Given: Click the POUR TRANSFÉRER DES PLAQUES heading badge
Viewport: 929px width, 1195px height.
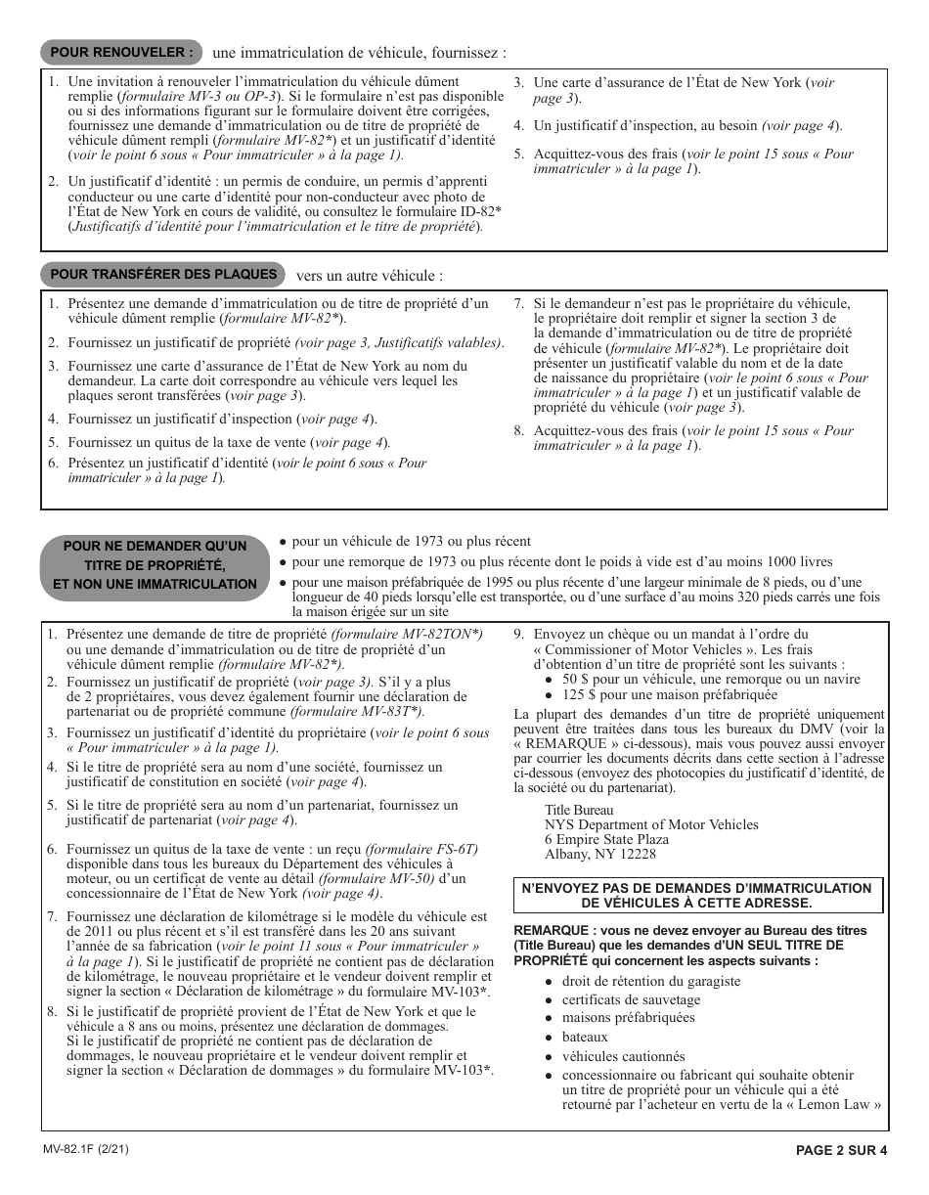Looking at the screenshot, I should pos(163,275).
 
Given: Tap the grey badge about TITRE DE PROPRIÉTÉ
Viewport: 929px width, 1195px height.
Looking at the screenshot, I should pos(155,565).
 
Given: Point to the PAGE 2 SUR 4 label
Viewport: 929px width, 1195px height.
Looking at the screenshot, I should pos(841,1151).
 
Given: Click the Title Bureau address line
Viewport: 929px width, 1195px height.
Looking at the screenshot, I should pos(579,810).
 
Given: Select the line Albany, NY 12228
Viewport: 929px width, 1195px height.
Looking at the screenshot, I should pos(599,854).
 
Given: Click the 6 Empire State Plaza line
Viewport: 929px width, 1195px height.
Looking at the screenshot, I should pos(606,839).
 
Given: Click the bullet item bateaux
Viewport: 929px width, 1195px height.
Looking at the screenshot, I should pos(584,1037).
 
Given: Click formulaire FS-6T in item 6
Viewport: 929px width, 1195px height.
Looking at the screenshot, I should pos(422,849).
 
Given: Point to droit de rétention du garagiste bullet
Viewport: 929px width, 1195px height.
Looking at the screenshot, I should pos(650,981).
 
